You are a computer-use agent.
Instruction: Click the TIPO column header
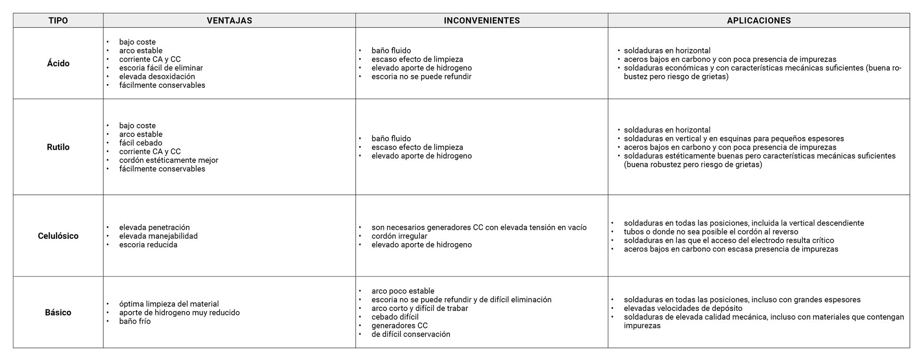click(58, 21)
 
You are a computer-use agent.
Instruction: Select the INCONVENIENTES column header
click(482, 21)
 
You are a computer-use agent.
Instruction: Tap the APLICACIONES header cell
click(759, 21)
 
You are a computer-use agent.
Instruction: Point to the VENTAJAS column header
click(229, 21)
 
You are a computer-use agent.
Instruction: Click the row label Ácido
click(58, 63)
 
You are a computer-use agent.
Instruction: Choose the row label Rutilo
click(58, 147)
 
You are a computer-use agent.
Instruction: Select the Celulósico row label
click(58, 236)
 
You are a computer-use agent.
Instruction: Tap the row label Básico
click(58, 312)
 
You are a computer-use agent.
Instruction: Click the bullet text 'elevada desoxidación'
click(157, 76)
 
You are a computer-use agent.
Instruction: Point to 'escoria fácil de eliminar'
click(161, 68)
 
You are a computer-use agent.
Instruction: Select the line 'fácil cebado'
click(141, 143)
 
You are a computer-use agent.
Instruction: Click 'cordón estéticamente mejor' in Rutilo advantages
click(169, 160)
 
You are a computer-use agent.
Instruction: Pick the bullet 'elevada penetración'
click(154, 227)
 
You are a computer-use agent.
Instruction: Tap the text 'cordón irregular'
click(399, 236)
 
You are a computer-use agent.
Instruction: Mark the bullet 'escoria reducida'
click(148, 245)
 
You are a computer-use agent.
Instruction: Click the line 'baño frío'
click(135, 321)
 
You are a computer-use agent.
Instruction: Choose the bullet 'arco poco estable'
click(403, 291)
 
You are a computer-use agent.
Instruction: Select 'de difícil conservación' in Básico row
click(411, 334)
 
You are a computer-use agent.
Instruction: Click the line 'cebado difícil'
click(395, 317)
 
